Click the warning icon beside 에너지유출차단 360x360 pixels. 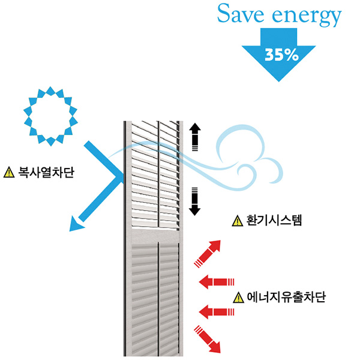239,297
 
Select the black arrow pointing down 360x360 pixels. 194,201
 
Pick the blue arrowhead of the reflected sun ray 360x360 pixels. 75,224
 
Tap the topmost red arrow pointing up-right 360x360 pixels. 206,252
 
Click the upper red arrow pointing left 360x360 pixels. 215,281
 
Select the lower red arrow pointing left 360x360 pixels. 215,311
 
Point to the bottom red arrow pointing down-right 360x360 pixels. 207,338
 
